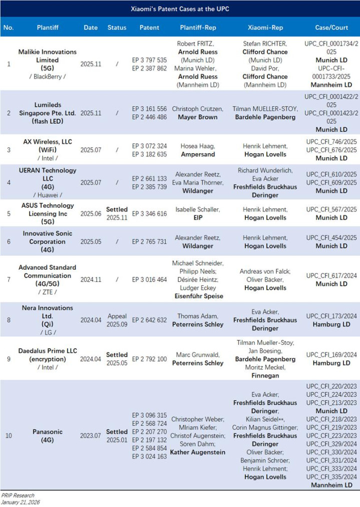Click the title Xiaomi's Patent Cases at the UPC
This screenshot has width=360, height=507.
(x=180, y=9)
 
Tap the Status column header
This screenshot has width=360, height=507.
(x=117, y=28)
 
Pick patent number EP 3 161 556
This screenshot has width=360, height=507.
(x=149, y=108)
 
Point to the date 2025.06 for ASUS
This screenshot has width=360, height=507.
(x=91, y=213)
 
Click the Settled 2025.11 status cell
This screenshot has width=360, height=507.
(x=117, y=213)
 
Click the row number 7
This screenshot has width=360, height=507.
(x=9, y=279)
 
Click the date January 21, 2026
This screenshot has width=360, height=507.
(x=21, y=502)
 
